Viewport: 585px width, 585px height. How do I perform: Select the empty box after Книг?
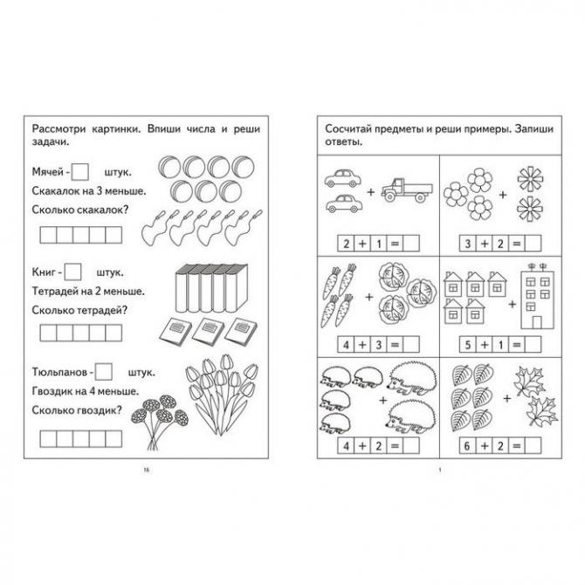click(x=74, y=272)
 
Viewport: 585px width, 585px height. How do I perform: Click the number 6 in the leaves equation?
click(x=467, y=444)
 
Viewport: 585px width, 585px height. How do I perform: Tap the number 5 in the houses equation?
click(x=467, y=344)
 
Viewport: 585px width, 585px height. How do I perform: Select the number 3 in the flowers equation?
click(x=467, y=243)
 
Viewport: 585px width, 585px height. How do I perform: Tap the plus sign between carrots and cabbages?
click(x=369, y=296)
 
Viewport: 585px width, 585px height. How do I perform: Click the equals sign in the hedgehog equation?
click(x=394, y=444)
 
